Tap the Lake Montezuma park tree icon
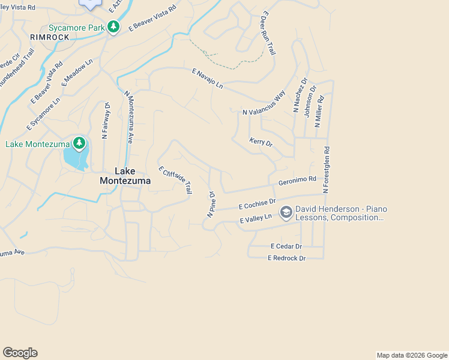click(79, 143)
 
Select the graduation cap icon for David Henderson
click(286, 211)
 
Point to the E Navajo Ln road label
click(208, 79)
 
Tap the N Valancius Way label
click(264, 103)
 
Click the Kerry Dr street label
click(261, 143)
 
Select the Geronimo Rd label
click(297, 180)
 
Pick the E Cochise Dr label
click(257, 204)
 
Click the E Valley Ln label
click(256, 220)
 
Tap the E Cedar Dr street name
click(286, 246)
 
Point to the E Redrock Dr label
click(287, 258)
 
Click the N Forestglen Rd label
click(327, 170)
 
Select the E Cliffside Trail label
click(175, 179)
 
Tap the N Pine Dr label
click(211, 204)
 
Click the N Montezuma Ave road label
click(129, 116)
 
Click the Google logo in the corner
click(20, 353)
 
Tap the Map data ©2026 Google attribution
click(411, 355)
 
